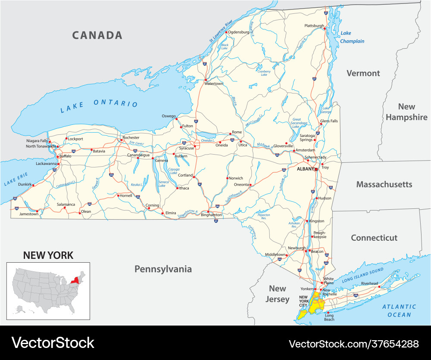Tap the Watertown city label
click(x=214, y=84)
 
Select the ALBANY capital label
click(x=306, y=169)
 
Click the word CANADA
click(x=97, y=35)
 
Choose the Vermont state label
click(x=363, y=73)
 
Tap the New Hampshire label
click(x=406, y=112)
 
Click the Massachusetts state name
click(x=384, y=184)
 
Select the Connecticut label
click(x=374, y=238)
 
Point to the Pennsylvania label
click(x=163, y=269)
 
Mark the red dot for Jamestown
click(x=37, y=212)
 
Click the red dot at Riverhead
click(x=379, y=286)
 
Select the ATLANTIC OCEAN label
click(x=399, y=310)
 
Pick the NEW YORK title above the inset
click(x=48, y=255)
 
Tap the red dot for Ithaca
click(x=177, y=188)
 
